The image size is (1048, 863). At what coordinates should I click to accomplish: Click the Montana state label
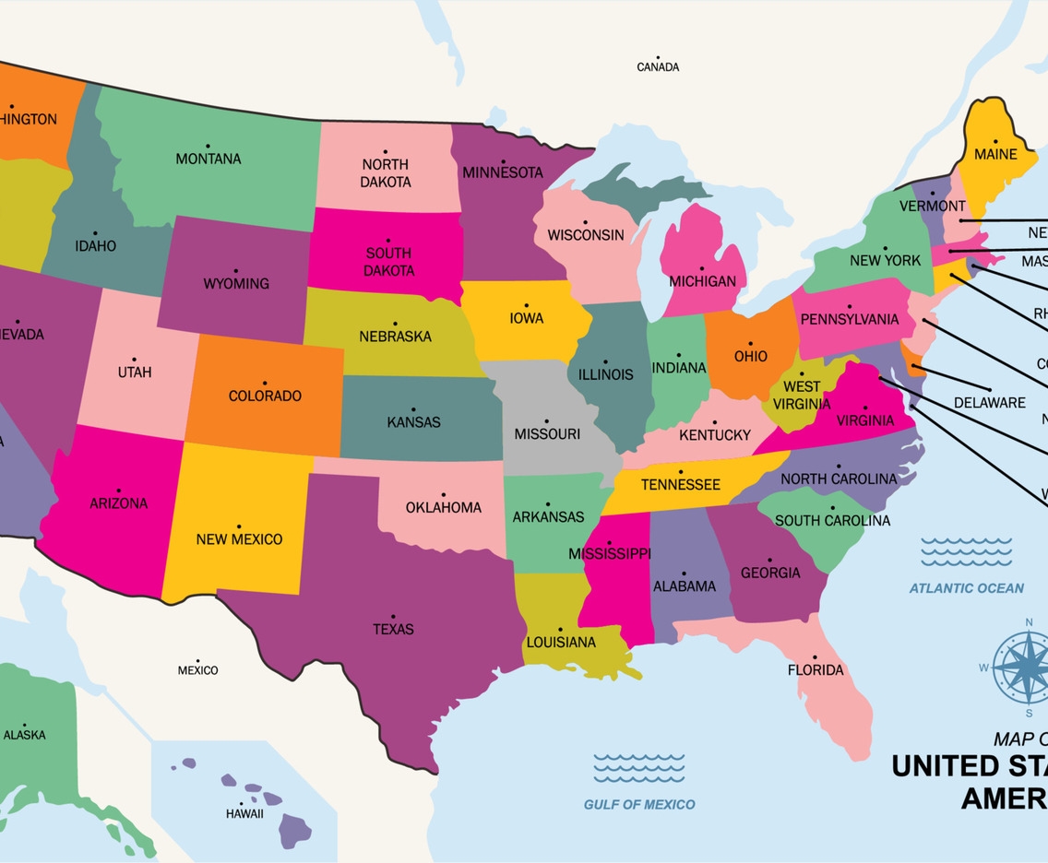coord(208,159)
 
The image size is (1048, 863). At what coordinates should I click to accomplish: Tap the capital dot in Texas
coord(393,616)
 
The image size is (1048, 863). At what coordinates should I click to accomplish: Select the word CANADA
coord(658,66)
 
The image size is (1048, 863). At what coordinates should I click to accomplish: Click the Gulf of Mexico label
coord(639,804)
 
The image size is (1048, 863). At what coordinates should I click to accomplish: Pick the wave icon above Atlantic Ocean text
coord(966,551)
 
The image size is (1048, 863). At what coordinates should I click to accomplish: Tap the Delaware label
coord(989,402)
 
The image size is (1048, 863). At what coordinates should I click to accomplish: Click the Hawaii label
coord(244,814)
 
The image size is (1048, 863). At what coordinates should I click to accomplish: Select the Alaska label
coord(24,735)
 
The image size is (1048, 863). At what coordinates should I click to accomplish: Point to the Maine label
coord(995,154)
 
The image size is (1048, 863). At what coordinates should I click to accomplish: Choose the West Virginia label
coord(802,396)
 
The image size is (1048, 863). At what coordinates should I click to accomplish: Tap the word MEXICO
coord(197,670)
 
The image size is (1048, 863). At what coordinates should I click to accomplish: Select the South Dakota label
coord(388,262)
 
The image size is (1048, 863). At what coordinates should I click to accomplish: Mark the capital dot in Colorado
coord(264,383)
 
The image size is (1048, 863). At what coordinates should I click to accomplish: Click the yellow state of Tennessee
coord(680,484)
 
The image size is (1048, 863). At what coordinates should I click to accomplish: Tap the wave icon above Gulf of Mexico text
coord(638,767)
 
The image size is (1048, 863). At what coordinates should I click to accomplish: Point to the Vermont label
coord(932,206)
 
